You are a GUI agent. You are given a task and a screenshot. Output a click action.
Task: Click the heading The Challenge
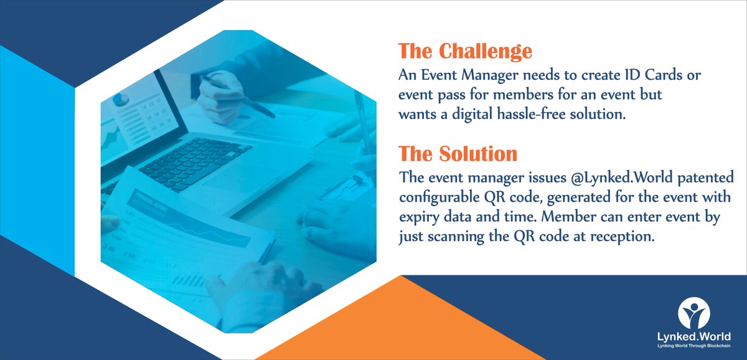(465, 52)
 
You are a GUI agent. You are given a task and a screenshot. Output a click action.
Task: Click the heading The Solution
(458, 153)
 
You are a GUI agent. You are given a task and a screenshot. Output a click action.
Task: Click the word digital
(478, 115)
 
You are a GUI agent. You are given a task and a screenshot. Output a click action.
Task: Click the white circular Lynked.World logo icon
(697, 315)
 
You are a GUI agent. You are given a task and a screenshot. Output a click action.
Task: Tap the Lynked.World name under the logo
(697, 337)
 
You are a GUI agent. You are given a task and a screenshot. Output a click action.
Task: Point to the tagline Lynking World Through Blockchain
(697, 347)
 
